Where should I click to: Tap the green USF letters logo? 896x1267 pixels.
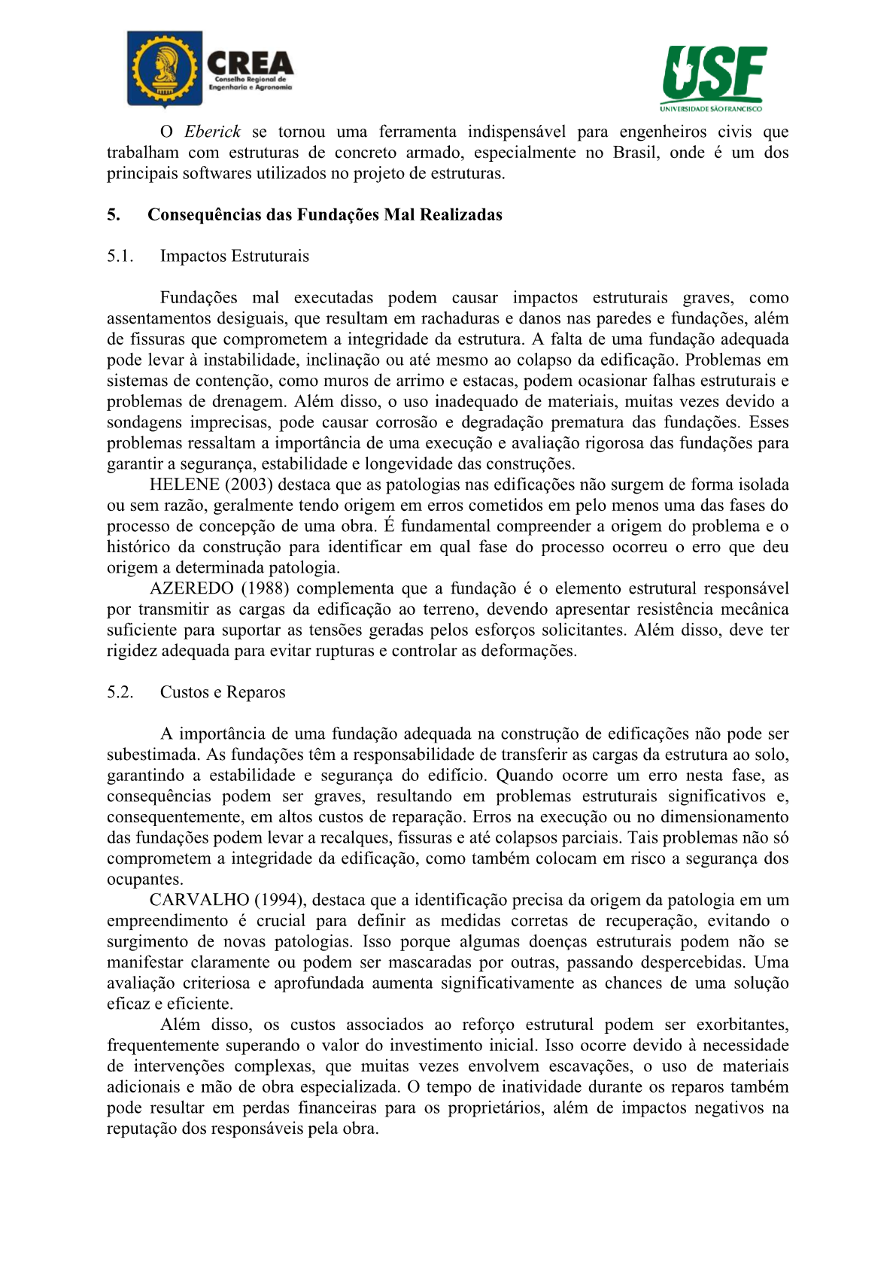coord(714,73)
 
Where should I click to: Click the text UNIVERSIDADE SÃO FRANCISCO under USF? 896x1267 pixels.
coord(712,108)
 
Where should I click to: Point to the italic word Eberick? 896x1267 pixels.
coord(213,132)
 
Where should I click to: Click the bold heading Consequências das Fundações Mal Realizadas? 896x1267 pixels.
coord(324,215)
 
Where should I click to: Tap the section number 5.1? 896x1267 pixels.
coord(120,257)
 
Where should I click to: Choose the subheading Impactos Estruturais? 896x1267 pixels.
coord(234,257)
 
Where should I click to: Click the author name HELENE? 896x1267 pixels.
coord(184,485)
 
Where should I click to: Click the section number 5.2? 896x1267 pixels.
coord(120,692)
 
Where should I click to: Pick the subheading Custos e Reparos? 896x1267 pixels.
coord(223,692)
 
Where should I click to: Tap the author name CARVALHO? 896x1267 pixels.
coord(199,900)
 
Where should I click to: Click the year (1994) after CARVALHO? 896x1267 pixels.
coord(279,900)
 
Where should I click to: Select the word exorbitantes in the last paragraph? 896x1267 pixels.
coord(742,1025)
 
